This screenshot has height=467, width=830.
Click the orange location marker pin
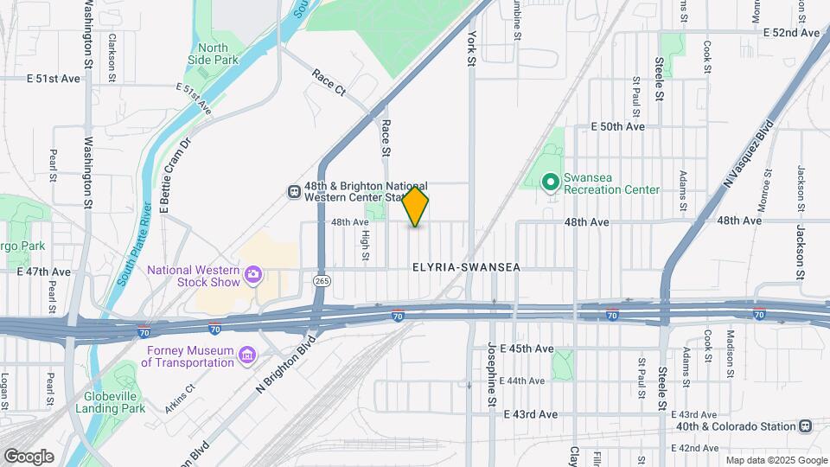click(x=416, y=206)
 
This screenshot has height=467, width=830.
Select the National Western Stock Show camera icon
click(x=252, y=275)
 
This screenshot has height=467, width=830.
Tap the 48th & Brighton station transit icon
click(x=294, y=190)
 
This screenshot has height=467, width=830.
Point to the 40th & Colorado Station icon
click(x=806, y=425)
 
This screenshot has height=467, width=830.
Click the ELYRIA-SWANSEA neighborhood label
click(x=466, y=268)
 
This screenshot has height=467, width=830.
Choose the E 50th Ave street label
click(x=618, y=126)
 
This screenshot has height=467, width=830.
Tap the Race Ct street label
click(x=329, y=82)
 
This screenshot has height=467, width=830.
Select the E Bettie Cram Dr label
click(x=174, y=173)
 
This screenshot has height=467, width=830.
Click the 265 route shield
click(x=322, y=281)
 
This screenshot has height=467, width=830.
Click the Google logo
click(x=29, y=457)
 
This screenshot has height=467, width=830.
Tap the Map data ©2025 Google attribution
click(x=776, y=460)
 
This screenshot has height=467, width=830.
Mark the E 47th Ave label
click(x=43, y=272)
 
